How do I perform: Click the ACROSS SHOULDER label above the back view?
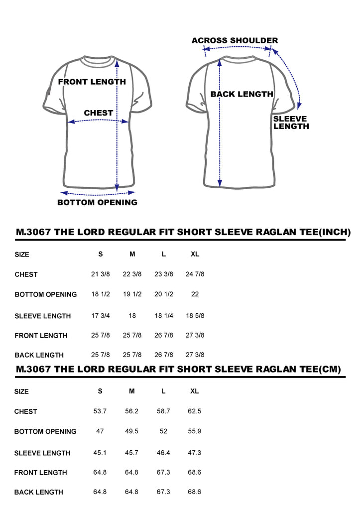coord(235,41)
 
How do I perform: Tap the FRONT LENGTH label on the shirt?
coord(92,82)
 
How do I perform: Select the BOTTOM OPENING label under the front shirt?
coord(97,202)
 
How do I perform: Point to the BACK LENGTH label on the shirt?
coord(242,94)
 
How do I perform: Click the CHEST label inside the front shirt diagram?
coord(98,113)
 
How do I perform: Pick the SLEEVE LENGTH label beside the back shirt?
coord(291,123)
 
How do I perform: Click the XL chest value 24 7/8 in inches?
coord(195,274)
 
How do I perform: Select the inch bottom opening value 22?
coord(195,294)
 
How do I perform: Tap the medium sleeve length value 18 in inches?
coord(132,315)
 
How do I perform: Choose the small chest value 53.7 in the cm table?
coord(100,411)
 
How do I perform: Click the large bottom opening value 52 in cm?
coord(163,431)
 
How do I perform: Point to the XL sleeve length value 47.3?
coord(195,452)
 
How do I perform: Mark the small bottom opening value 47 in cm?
coord(100,431)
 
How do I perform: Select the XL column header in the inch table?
coord(195,254)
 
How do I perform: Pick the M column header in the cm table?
coord(132,391)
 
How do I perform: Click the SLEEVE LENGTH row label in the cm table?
coord(42,453)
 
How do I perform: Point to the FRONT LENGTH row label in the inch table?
coord(41,336)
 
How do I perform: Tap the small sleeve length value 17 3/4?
coord(101,315)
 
